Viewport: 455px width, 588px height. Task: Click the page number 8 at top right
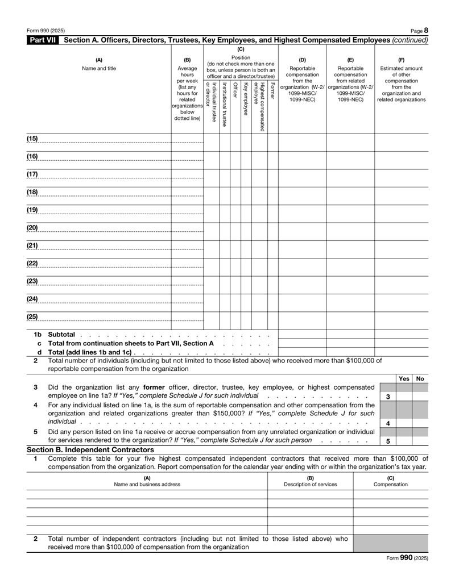(x=425, y=30)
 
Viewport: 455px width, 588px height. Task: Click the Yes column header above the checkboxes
(x=404, y=378)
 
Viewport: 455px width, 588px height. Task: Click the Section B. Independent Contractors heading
(x=90, y=450)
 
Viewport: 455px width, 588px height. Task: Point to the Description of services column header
(x=310, y=484)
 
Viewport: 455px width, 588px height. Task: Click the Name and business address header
(x=147, y=484)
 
